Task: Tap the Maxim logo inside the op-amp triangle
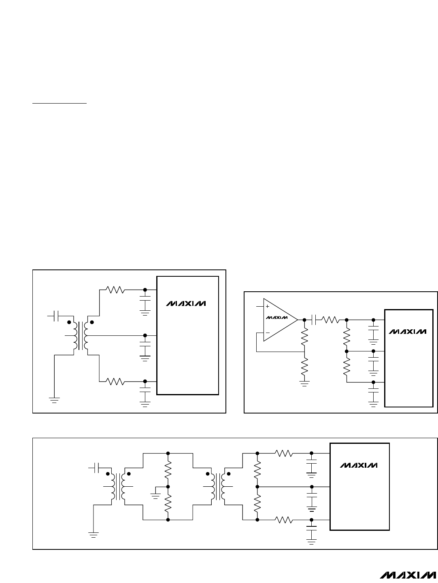pos(274,317)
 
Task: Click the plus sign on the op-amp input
pos(268,307)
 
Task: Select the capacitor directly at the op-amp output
pos(313,319)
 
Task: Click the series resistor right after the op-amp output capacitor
pos(331,319)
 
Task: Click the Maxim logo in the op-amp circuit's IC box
pos(408,331)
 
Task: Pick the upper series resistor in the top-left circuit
pos(116,290)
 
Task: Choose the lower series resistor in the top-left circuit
pos(116,381)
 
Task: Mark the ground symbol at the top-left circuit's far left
pos(54,401)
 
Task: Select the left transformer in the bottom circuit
pos(118,488)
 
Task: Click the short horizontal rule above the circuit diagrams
pos(60,103)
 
